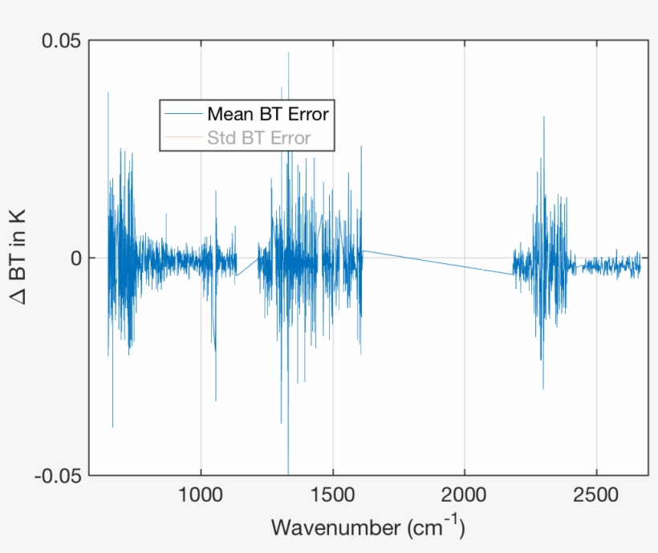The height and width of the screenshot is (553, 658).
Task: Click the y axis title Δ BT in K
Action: coord(18,257)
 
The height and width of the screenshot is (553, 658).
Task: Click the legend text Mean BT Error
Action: coord(268,113)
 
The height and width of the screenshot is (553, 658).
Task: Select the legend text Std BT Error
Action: coord(258,138)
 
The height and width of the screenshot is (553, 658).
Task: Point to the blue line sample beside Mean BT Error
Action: coord(182,113)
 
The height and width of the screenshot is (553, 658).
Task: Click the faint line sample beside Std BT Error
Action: coord(182,138)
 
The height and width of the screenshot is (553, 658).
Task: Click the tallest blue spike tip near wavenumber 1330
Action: coord(288,54)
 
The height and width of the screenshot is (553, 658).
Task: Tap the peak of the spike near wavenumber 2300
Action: coord(544,118)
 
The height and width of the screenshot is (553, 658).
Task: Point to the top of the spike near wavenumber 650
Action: coord(108,93)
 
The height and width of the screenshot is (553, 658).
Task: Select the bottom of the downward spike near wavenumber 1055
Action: coord(215,400)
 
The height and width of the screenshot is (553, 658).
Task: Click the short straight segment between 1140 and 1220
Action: coord(247,266)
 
